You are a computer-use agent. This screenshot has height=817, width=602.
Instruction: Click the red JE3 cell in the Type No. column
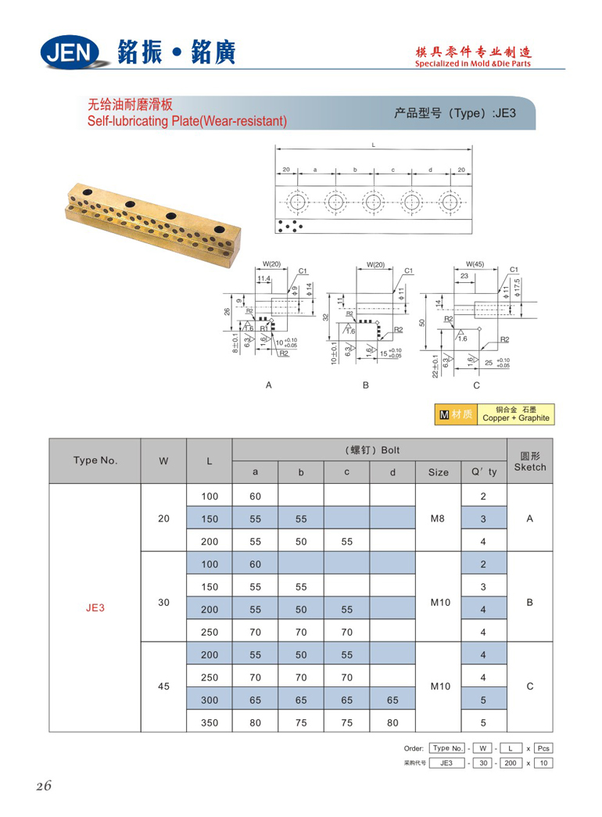coord(95,607)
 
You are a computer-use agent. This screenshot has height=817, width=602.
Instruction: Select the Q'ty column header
coord(483,471)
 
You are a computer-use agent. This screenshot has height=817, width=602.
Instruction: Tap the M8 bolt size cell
coord(439,518)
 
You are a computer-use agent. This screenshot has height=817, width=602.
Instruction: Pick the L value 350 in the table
coord(210,722)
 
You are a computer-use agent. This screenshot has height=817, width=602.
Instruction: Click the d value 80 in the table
coord(392,722)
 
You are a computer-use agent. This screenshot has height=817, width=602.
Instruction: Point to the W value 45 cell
coord(163,686)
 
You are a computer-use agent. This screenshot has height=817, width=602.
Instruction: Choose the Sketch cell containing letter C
coord(530,686)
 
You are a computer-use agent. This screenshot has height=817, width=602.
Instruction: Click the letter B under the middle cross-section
coord(365,385)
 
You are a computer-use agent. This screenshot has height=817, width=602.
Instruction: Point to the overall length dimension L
coord(374,145)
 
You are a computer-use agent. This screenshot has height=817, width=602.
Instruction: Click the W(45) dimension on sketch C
coord(475,264)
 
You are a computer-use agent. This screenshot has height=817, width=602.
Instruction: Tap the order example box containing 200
coord(511,763)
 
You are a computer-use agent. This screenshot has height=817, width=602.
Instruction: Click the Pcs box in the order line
coord(543,748)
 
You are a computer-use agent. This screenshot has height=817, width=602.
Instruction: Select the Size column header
coord(439,471)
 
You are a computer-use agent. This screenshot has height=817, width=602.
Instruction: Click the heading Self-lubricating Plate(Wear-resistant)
coord(187,121)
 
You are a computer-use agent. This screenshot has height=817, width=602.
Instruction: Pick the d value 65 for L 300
coord(392,700)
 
